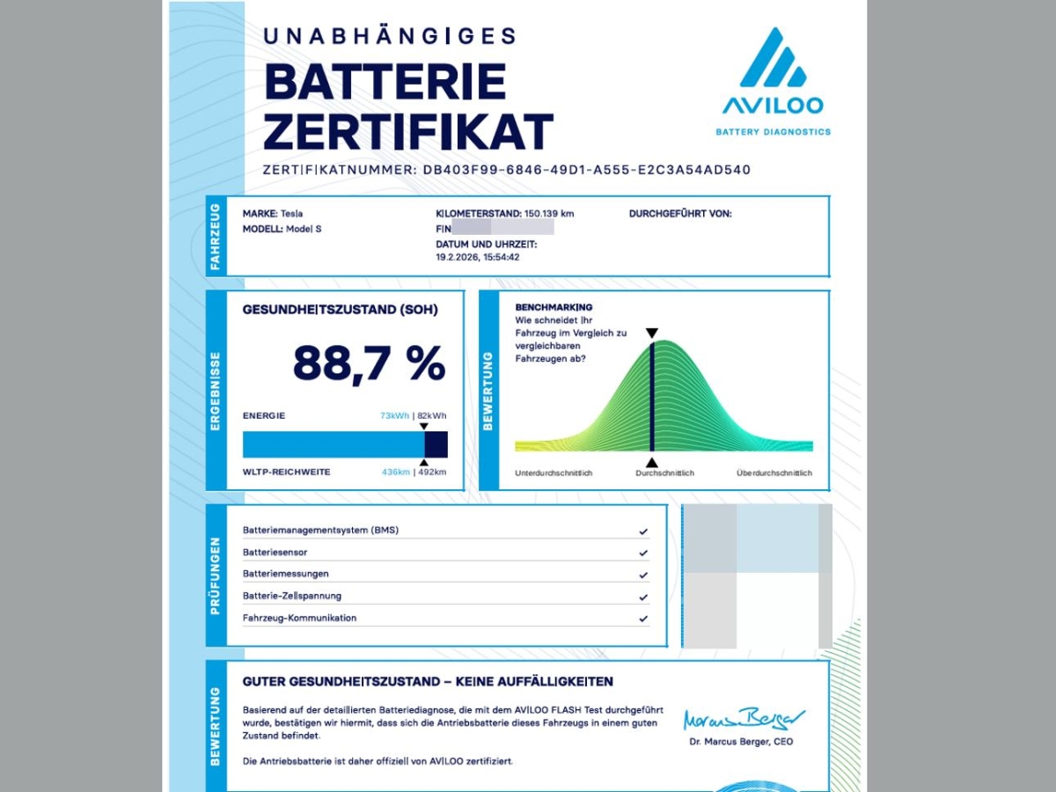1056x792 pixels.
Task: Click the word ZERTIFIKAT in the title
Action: point(407,132)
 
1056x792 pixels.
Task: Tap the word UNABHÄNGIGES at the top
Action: point(390,35)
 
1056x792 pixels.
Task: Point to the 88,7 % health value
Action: point(369,363)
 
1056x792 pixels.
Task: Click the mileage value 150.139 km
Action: point(549,214)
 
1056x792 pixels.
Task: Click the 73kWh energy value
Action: point(394,415)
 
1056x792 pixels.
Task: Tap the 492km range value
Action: point(433,473)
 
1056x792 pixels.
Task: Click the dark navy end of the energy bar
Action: point(436,444)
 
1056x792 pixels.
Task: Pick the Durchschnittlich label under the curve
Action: point(664,473)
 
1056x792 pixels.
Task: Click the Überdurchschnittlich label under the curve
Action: point(774,473)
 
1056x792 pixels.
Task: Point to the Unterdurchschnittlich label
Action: point(554,473)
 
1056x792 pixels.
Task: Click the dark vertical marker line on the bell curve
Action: point(651,396)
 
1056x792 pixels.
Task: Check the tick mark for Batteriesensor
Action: point(643,554)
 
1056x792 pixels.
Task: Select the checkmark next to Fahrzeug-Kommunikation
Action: point(643,619)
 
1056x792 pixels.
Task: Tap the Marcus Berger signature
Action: point(744,718)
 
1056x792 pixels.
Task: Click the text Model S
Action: point(305,229)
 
